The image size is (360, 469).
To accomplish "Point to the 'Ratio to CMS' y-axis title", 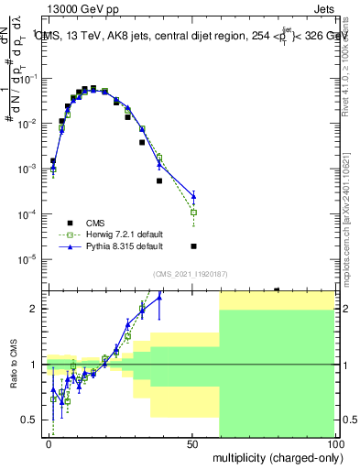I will coord(13,365).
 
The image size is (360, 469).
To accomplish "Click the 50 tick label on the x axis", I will coord(193,443).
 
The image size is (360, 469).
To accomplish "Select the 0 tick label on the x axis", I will coord(49,443).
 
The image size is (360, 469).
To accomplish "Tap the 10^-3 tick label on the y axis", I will coord(28,169).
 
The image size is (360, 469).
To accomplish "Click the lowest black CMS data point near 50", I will coord(193,245).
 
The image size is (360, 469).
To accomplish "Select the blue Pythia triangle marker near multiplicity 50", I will coord(193,195).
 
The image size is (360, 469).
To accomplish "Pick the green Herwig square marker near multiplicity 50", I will coord(193,213).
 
